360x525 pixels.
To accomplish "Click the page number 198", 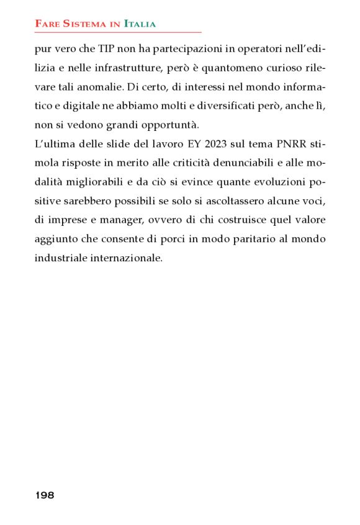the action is coord(45,495).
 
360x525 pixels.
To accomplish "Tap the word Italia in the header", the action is coord(140,24).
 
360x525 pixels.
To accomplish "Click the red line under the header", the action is coord(118,32).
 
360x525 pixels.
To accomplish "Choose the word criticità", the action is coord(190,166).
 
